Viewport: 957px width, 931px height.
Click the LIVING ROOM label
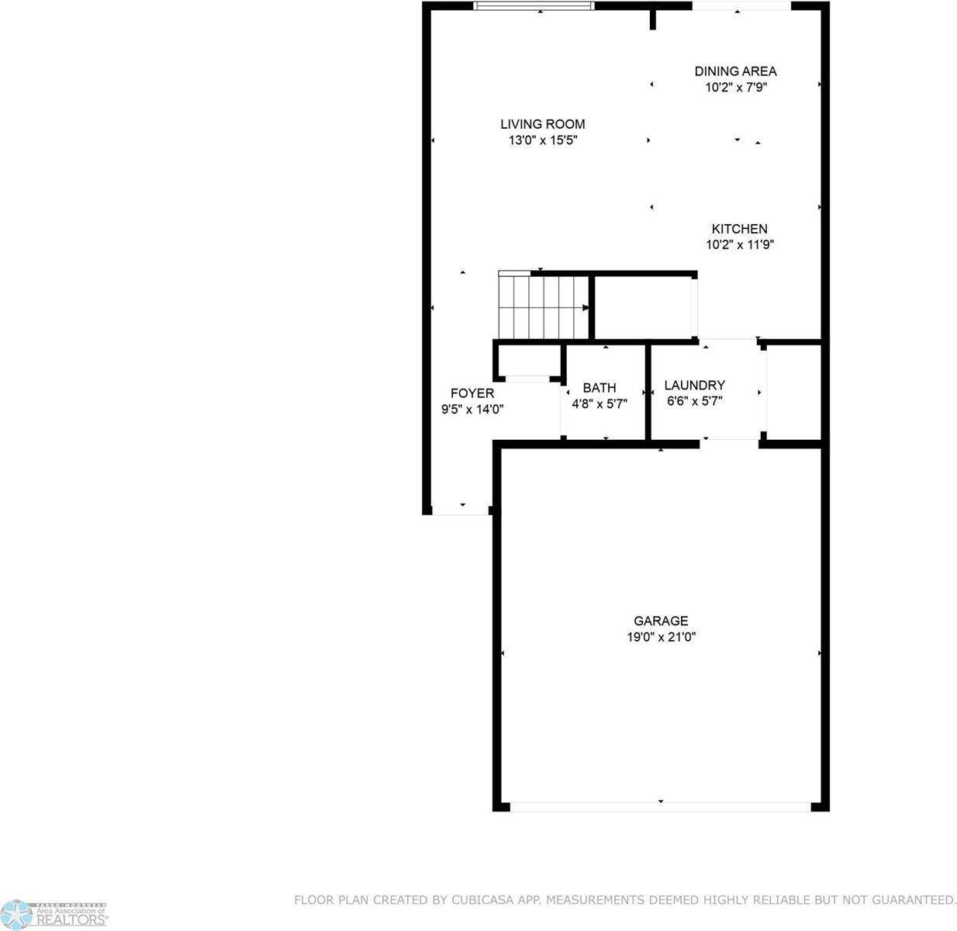[x=542, y=124]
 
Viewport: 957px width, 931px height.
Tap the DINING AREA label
[x=734, y=71]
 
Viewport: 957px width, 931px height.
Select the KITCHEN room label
[x=739, y=229]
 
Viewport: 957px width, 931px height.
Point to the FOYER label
[x=472, y=393]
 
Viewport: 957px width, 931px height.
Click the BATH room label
[x=599, y=388]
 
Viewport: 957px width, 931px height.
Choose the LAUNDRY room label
[x=694, y=385]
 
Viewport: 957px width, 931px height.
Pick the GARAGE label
[x=661, y=621]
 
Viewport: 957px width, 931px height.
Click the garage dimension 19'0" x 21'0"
[x=661, y=637]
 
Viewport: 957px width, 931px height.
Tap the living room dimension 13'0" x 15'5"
[x=543, y=140]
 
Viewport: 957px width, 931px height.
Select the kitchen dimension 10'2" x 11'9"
[x=740, y=245]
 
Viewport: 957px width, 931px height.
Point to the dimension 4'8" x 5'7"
[x=599, y=403]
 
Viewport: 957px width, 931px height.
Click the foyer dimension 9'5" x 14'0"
[x=472, y=410]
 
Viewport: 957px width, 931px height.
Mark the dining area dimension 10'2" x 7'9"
[x=735, y=88]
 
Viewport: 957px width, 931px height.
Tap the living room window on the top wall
[x=534, y=6]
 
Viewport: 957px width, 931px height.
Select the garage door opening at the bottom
[x=661, y=807]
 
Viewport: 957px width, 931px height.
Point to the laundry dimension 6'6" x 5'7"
[x=694, y=401]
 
